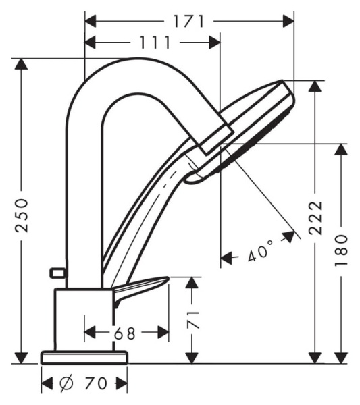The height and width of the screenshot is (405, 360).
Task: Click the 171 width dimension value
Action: (x=188, y=21)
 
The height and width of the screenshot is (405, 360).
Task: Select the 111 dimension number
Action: (x=155, y=43)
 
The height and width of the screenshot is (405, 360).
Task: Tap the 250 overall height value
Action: (x=23, y=215)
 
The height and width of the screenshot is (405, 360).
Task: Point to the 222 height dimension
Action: (x=315, y=217)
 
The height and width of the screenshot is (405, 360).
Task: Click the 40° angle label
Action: (x=259, y=254)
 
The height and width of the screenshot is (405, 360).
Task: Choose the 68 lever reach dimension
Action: (x=125, y=333)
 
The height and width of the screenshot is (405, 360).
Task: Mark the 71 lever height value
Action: (x=193, y=319)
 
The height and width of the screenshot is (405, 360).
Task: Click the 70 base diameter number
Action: (x=96, y=384)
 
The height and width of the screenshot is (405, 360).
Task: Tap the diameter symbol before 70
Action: (x=67, y=384)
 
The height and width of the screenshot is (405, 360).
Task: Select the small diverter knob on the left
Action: (x=57, y=273)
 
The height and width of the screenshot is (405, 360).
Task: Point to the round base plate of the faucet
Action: (x=84, y=357)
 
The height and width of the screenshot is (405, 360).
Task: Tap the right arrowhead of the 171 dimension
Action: (x=290, y=21)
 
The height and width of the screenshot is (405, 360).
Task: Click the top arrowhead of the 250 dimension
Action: (x=22, y=64)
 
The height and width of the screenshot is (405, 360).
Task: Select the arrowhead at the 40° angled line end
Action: (x=291, y=236)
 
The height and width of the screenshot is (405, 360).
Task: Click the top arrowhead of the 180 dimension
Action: (x=341, y=149)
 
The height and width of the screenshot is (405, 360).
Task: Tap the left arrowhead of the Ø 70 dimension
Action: (x=47, y=384)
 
